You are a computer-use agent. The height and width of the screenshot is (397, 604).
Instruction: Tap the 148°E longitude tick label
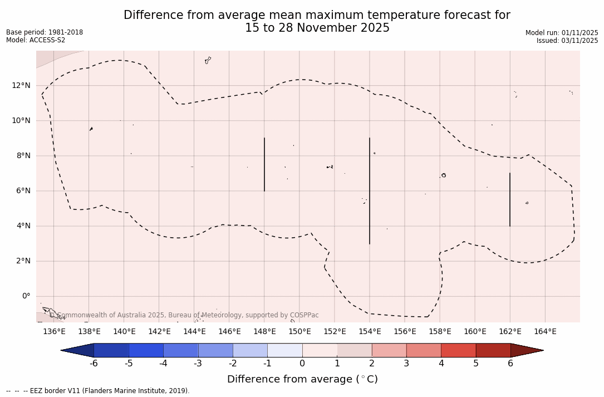click(x=264, y=331)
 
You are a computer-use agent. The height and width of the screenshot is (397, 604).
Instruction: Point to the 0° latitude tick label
click(x=26, y=296)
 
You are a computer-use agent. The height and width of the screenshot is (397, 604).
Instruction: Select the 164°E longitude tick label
click(x=545, y=331)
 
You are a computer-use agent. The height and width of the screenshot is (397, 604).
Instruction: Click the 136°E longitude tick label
click(x=54, y=331)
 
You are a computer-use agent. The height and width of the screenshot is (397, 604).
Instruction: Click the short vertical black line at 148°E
click(x=264, y=164)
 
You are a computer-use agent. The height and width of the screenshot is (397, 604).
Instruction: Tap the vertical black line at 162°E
click(x=510, y=199)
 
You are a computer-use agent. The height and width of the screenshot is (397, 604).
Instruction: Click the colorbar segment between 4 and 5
click(x=458, y=350)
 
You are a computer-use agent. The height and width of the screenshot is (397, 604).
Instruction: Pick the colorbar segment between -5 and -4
click(x=146, y=350)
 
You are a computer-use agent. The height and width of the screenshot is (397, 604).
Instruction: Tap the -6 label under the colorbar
click(x=94, y=364)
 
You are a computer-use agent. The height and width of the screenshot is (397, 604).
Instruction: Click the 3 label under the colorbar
click(x=406, y=364)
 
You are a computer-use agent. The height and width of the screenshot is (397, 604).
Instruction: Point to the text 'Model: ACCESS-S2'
click(x=36, y=40)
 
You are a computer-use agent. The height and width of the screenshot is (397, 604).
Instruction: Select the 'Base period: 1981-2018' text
click(x=45, y=32)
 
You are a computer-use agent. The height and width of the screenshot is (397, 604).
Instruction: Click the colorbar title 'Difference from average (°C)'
click(x=302, y=379)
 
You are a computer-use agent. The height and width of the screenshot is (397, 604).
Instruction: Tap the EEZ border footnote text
click(x=98, y=391)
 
